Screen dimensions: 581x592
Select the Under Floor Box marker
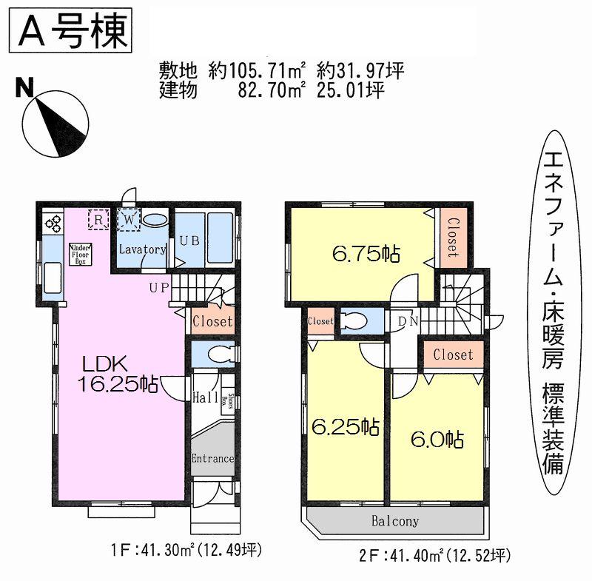79,254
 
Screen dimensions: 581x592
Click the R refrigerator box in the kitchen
98,220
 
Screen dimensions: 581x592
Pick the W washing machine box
128,219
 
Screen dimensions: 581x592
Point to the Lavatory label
143,249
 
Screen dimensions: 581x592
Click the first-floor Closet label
212,322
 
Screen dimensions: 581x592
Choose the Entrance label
213,458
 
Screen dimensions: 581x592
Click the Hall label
204,397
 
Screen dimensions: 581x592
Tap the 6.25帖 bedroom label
344,427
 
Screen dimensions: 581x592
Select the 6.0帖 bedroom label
437,439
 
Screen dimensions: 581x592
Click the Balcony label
394,521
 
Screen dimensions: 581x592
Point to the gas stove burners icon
53,221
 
